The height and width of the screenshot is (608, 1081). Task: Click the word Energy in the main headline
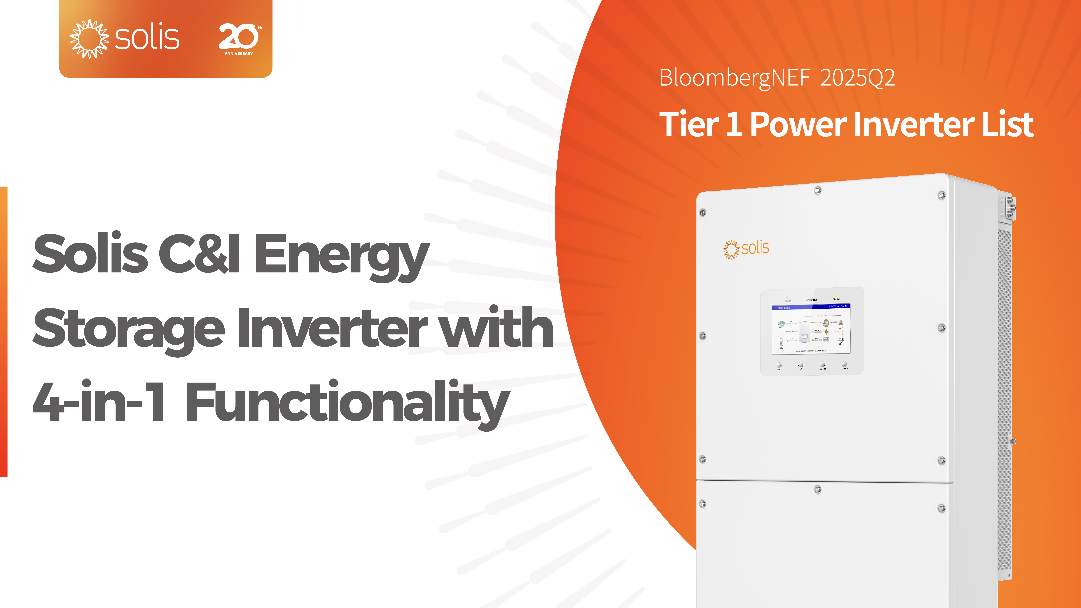(341, 255)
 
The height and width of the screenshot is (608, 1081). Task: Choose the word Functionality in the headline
(347, 402)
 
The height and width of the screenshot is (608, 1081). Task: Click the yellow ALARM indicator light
(836, 296)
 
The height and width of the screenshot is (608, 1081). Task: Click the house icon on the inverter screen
(826, 322)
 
